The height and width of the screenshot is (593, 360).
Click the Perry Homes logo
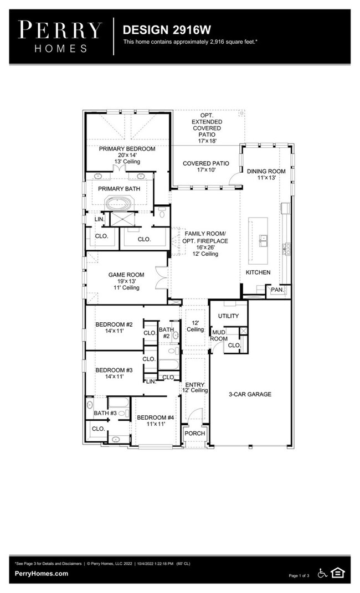[60, 35]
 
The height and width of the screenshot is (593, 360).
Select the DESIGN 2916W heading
[159, 29]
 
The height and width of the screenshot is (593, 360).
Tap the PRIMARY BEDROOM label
[127, 149]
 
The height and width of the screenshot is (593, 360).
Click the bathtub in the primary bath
[119, 204]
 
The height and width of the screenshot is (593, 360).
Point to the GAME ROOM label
[126, 275]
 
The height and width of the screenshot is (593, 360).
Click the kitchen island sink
[264, 240]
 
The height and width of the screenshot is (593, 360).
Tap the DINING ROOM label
[266, 172]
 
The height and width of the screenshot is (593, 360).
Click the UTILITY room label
[228, 316]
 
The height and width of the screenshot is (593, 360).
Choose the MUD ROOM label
[219, 335]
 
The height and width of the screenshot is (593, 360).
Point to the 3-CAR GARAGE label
[250, 394]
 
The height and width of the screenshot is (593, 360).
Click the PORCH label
[194, 433]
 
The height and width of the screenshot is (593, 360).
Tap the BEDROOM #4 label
[156, 417]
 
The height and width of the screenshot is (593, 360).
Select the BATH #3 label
[105, 413]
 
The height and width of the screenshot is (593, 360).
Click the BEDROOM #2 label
[114, 324]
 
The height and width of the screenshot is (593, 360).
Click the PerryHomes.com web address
[42, 574]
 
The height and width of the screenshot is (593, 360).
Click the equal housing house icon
[336, 573]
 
